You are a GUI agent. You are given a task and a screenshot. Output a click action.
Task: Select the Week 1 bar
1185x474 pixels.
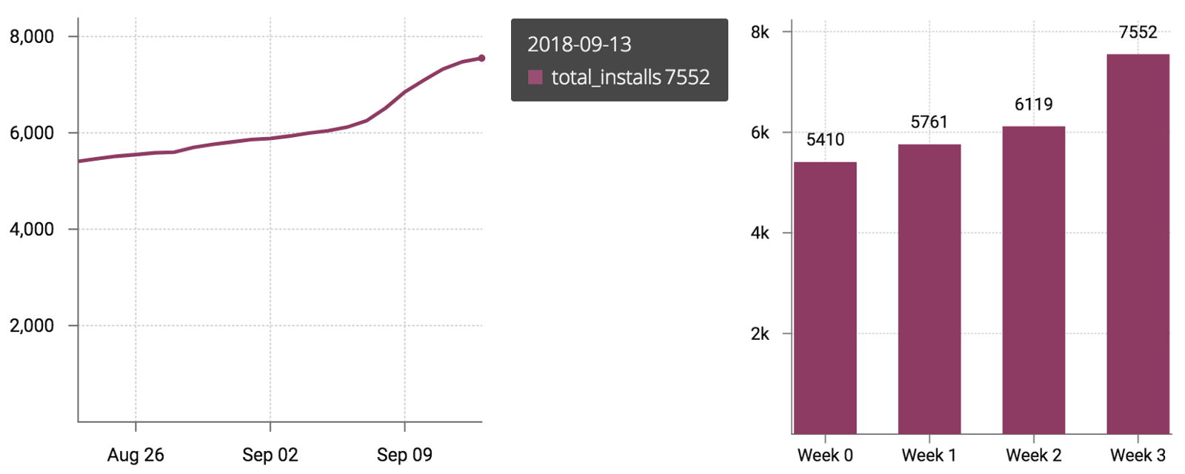[x=929, y=289]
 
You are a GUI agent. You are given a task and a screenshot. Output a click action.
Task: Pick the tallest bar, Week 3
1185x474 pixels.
[x=1138, y=244]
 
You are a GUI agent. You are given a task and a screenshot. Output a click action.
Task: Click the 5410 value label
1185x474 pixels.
[x=825, y=140]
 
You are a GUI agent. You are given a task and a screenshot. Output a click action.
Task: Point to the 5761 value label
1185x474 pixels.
[x=929, y=122]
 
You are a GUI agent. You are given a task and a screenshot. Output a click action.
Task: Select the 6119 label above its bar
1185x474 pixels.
[x=1033, y=104]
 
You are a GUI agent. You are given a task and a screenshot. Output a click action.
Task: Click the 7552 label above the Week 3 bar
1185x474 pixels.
[x=1138, y=33]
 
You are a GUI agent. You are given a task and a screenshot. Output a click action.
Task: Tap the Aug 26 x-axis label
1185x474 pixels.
[x=136, y=455]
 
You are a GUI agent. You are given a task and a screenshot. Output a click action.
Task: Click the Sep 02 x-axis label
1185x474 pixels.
[x=270, y=455]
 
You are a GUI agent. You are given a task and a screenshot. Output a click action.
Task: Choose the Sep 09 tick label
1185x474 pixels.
[x=404, y=455]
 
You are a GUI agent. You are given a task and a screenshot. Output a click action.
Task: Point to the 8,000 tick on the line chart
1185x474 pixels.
[x=32, y=37]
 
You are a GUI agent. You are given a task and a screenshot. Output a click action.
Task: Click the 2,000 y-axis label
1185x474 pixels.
[x=32, y=326]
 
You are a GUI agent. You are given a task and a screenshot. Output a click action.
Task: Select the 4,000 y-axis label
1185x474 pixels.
[x=32, y=230]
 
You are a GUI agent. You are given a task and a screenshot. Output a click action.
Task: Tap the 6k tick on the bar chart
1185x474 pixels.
[x=760, y=133]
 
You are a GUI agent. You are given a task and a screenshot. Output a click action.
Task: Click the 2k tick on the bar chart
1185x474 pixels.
[x=760, y=334]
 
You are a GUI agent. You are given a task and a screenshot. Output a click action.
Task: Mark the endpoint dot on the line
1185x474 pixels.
[x=481, y=58]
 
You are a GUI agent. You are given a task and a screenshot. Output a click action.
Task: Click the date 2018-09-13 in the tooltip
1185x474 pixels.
[x=579, y=44]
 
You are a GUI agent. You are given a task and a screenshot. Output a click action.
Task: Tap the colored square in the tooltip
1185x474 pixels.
[x=535, y=77]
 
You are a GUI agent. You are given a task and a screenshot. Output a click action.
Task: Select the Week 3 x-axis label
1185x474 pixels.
[x=1138, y=455]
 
